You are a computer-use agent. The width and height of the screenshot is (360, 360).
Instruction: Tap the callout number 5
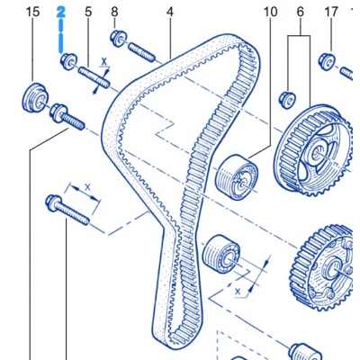tap(88, 12)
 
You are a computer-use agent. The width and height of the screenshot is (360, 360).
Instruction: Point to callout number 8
tap(114, 12)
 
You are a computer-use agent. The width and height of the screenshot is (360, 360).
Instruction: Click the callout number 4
tap(170, 12)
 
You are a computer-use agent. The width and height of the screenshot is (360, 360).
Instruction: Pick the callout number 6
tap(300, 12)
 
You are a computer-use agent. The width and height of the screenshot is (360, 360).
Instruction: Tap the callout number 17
tap(330, 12)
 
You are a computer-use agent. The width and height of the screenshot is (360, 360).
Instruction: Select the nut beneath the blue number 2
tap(66, 61)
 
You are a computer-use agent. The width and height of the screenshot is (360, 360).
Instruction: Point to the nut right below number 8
tap(116, 38)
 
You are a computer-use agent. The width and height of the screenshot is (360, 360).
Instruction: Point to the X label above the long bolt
tap(87, 188)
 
